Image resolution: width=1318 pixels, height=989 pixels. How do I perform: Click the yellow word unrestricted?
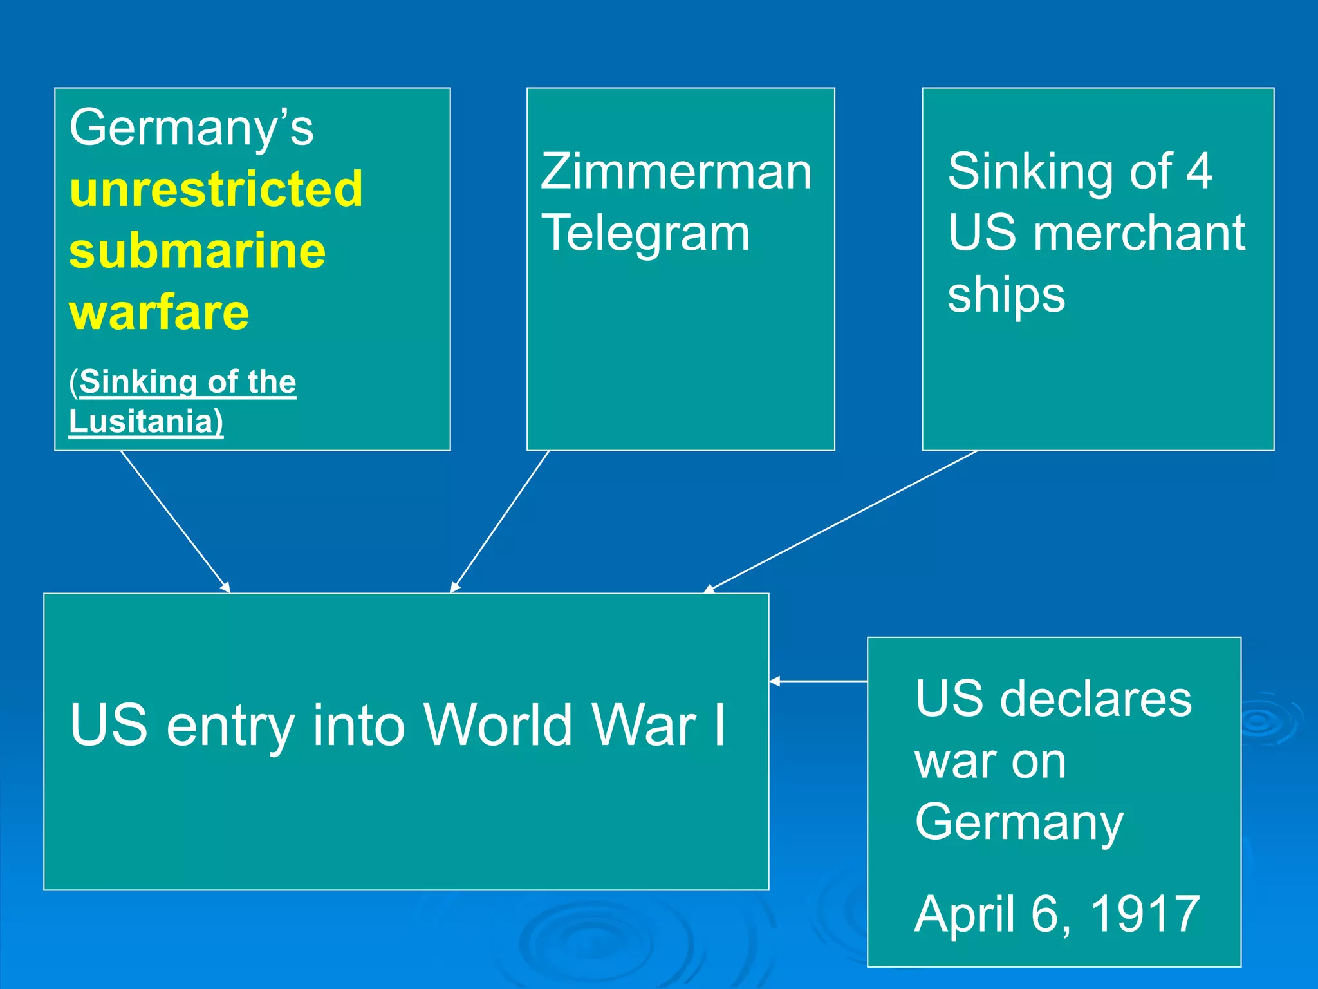[216, 189]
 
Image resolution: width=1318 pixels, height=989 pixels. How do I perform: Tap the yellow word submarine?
[197, 250]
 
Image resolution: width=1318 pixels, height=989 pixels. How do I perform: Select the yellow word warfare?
[159, 312]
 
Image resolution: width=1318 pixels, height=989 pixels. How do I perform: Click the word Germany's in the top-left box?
[191, 127]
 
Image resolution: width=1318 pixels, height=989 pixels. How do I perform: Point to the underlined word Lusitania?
[145, 422]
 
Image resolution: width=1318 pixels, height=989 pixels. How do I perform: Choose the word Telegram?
[645, 233]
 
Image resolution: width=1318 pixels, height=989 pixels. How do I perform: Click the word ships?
[1006, 295]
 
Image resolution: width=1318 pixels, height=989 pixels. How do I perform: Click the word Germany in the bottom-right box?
[1019, 822]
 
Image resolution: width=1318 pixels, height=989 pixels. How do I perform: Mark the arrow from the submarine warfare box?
[175, 522]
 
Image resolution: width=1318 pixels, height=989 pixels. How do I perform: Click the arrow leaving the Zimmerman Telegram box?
[500, 521]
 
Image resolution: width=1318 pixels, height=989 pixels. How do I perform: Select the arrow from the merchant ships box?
[840, 521]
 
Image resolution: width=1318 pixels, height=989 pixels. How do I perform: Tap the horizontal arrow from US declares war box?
[818, 681]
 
